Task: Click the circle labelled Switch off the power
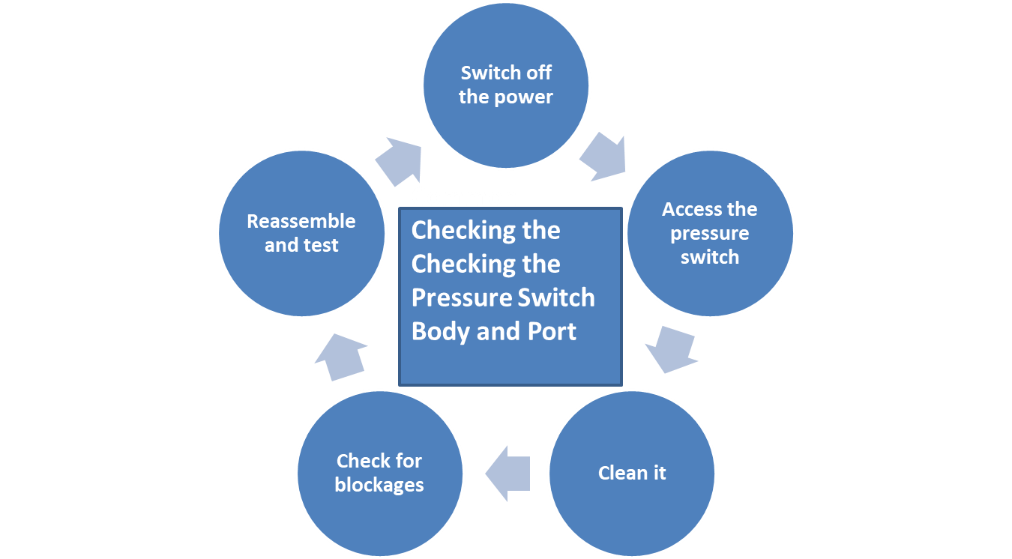(506, 84)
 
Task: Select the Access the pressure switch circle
(709, 233)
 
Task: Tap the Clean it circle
(632, 473)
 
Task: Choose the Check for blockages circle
(379, 473)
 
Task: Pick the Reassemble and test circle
(301, 233)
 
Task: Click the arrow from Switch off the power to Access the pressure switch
(603, 157)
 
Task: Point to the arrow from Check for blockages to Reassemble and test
(340, 357)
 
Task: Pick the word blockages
(379, 485)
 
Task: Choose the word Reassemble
(301, 221)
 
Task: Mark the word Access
(689, 209)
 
